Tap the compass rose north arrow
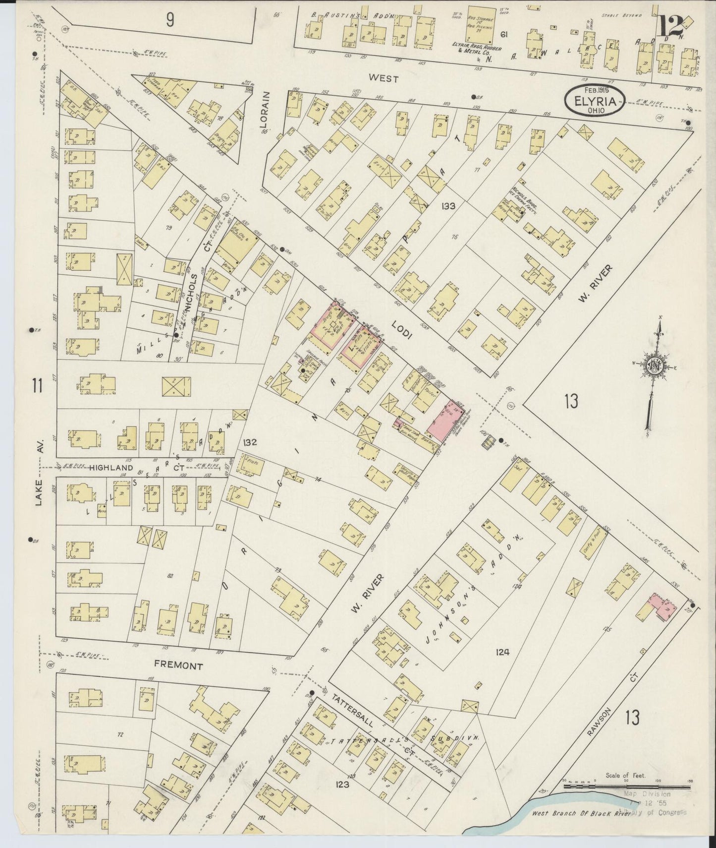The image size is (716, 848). click(x=655, y=367)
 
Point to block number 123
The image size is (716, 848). click(x=342, y=785)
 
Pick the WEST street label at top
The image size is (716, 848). click(x=385, y=78)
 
